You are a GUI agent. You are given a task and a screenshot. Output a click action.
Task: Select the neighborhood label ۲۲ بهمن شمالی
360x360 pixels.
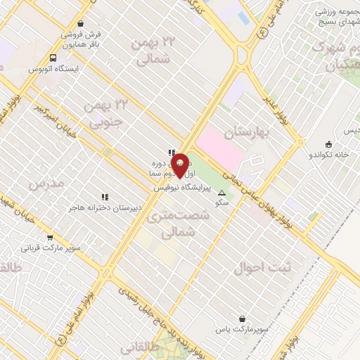pos(153,51)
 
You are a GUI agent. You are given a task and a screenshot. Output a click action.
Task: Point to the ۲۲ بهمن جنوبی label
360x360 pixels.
pos(103,113)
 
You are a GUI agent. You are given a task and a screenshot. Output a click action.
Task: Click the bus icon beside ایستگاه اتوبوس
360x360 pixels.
pos(54,58)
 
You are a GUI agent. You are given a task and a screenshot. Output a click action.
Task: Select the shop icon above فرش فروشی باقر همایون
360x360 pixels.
pos(81,23)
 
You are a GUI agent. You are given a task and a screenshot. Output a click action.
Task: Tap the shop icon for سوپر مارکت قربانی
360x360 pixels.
pos(49,238)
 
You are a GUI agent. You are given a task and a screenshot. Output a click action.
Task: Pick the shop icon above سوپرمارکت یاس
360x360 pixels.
pos(243,319)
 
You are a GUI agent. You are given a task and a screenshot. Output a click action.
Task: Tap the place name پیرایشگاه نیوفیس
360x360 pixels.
pos(186,188)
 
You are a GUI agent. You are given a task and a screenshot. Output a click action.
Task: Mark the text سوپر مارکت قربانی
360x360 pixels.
pos(50,248)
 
